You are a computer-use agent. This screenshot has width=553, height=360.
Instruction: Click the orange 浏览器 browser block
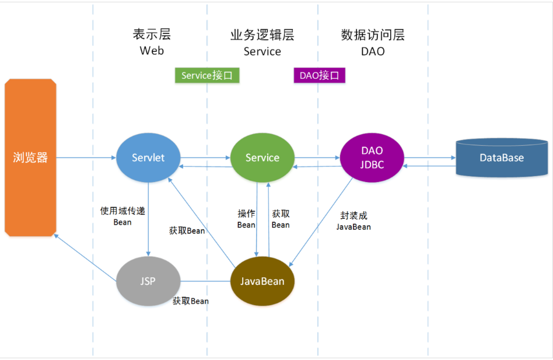(30, 158)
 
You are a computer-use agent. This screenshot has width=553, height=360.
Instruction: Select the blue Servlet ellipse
(148, 158)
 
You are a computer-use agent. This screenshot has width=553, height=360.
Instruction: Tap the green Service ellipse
(262, 158)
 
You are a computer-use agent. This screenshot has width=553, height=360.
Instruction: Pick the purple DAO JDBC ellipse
(372, 158)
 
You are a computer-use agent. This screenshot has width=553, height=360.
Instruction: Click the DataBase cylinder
(502, 158)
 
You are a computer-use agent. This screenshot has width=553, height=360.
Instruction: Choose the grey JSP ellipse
(148, 281)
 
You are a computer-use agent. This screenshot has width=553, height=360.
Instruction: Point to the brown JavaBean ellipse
(262, 281)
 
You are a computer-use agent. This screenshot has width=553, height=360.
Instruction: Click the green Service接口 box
(207, 75)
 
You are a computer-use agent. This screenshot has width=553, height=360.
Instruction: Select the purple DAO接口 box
(320, 75)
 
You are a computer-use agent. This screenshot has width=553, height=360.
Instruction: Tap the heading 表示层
(152, 34)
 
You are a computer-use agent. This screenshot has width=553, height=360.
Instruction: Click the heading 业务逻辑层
(262, 35)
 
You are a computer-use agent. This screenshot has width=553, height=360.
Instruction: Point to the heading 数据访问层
(373, 35)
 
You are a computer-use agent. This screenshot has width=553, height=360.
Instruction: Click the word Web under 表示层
(152, 51)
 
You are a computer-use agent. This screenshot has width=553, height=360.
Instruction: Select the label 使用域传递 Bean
(123, 216)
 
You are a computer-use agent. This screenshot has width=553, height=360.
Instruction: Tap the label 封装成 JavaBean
(353, 221)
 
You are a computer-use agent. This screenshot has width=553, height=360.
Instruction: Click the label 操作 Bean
(246, 219)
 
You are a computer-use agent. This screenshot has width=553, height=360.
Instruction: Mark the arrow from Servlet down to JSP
(148, 219)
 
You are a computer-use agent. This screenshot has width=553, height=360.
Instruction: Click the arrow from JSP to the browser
(85, 258)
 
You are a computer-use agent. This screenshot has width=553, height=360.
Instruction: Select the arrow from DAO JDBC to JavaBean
(321, 222)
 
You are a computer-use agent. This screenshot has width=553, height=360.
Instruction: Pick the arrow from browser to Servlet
(86, 158)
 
